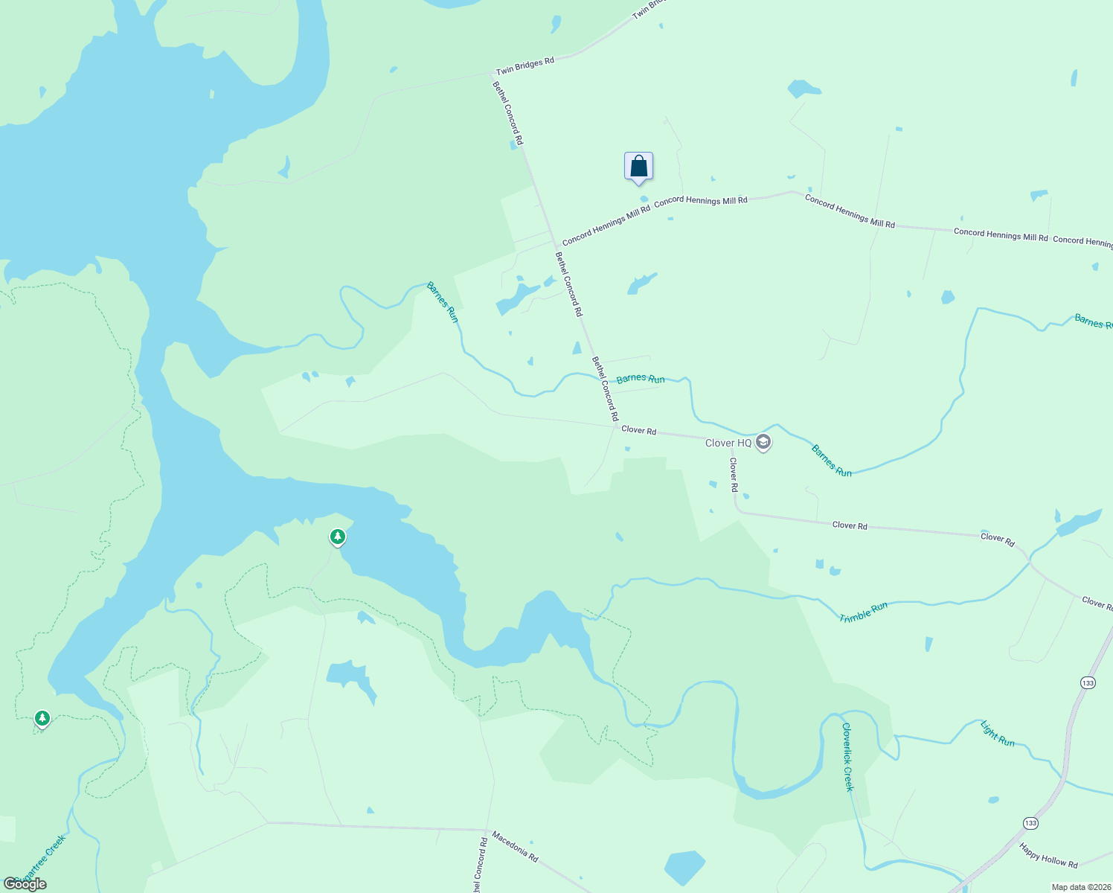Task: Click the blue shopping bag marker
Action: (x=638, y=167)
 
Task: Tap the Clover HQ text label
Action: (x=728, y=443)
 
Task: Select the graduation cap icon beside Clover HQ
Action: (x=763, y=443)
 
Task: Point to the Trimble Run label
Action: (x=863, y=612)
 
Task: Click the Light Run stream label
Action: (x=997, y=733)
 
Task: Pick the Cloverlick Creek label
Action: (x=848, y=756)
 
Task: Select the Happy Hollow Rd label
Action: (x=1048, y=855)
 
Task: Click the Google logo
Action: (x=25, y=884)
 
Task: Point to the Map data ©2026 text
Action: (x=1080, y=887)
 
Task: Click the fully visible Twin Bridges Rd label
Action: (x=525, y=65)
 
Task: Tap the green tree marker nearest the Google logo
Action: (x=42, y=718)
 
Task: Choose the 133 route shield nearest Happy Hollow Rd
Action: (x=1030, y=823)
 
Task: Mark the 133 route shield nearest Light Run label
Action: (x=1088, y=682)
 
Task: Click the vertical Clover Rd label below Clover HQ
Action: (x=734, y=475)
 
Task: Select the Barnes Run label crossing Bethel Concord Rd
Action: (x=641, y=379)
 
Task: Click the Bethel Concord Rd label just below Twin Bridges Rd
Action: (x=507, y=113)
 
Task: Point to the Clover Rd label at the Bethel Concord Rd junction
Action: (x=638, y=430)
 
